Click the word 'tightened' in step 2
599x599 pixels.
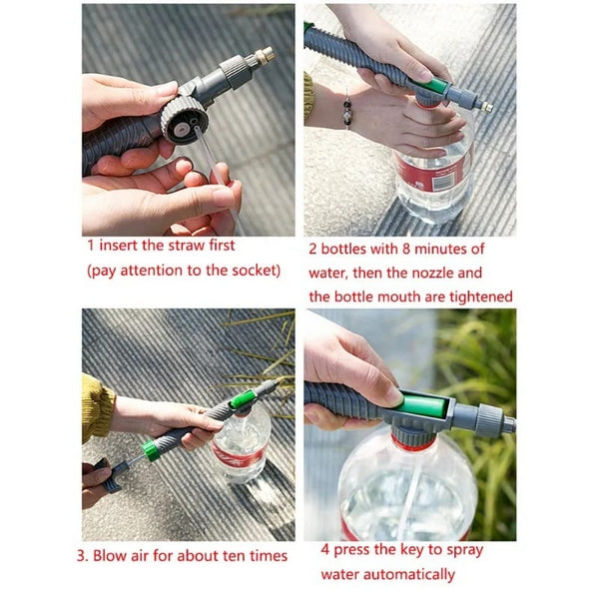476,296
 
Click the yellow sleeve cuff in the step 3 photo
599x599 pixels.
97,407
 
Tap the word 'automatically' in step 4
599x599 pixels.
408,574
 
